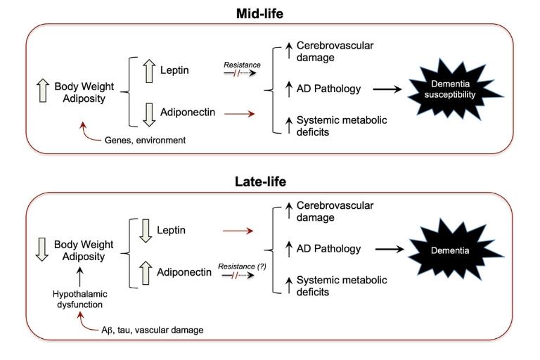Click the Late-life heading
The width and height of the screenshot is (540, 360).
tap(270, 183)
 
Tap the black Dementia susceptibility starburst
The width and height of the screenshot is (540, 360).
tap(469, 89)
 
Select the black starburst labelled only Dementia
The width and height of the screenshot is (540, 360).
tap(470, 248)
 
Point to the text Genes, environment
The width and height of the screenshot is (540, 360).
tap(146, 141)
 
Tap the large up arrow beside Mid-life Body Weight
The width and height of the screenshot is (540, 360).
tap(41, 89)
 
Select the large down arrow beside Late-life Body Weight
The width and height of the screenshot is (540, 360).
tap(41, 249)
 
